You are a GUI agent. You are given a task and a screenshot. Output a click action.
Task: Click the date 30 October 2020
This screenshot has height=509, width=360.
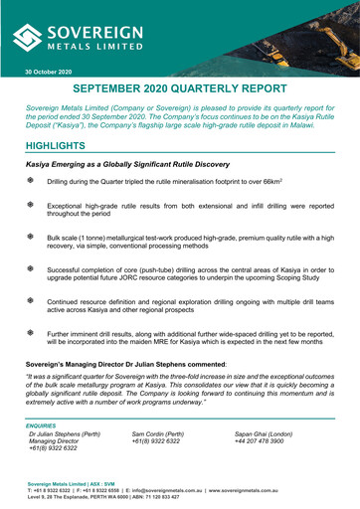pos(49,73)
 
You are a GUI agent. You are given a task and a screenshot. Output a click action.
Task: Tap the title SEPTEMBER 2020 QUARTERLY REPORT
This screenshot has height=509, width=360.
pos(180,90)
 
